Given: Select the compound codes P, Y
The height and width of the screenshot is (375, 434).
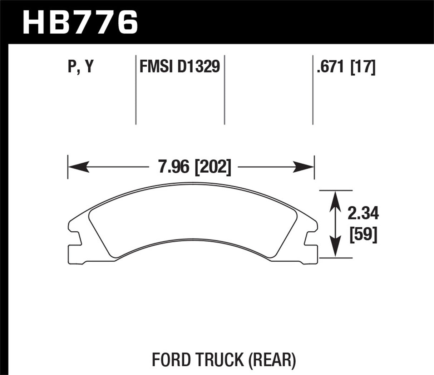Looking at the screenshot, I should pyautogui.click(x=80, y=67).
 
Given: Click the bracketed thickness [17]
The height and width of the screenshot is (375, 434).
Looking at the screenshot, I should pyautogui.click(x=363, y=67).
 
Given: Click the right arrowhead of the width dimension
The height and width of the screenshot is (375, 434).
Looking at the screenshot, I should pyautogui.click(x=304, y=167).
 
